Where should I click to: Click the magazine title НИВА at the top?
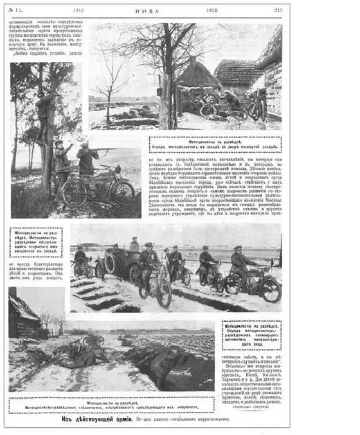click(150, 10)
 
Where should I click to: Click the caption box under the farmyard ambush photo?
click(215, 144)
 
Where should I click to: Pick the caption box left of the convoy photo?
click(35, 242)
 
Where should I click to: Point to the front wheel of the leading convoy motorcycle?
click(164, 293)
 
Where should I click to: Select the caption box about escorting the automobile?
click(251, 335)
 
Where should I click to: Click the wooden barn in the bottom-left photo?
click(23, 316)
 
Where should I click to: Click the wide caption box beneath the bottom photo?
click(112, 405)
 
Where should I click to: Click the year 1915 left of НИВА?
click(78, 10)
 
